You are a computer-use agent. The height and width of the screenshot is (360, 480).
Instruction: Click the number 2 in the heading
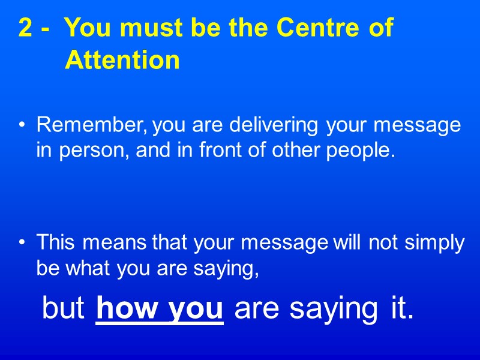tap(26, 29)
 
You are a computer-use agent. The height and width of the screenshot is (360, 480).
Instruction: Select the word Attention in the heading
tap(122, 61)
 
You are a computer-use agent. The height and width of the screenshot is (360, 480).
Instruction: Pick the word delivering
tap(276, 126)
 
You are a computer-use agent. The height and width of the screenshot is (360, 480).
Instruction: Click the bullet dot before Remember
tap(22, 126)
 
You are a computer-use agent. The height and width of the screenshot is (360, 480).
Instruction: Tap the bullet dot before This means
tap(22, 243)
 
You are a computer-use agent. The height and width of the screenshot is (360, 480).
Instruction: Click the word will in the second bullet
tap(347, 243)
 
